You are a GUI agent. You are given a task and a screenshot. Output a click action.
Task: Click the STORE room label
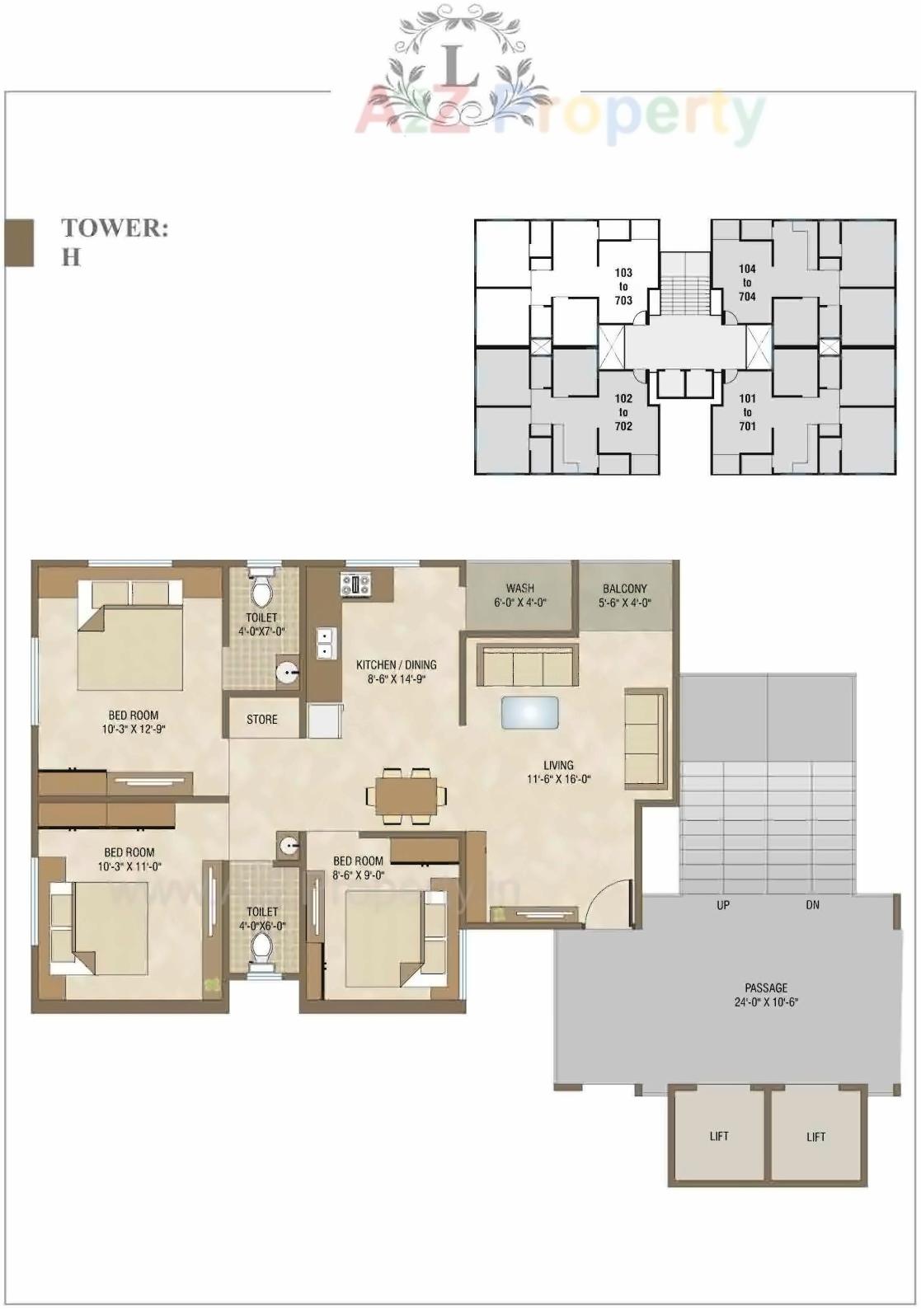tap(262, 720)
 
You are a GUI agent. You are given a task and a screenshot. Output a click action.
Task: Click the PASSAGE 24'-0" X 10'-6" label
tap(766, 995)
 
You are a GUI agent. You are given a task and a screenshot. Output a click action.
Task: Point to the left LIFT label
tap(719, 1136)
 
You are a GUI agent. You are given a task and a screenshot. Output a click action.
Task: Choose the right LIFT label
tap(815, 1137)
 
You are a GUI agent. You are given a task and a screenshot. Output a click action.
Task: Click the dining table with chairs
tap(407, 795)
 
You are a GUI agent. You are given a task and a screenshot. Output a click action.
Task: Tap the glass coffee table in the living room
tap(529, 712)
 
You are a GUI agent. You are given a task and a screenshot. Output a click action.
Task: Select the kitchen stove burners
tap(357, 584)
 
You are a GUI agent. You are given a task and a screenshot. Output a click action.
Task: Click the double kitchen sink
tap(325, 643)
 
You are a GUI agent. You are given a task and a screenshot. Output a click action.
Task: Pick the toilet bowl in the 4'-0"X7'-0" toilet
tap(262, 589)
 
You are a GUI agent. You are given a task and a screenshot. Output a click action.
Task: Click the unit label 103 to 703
tap(623, 286)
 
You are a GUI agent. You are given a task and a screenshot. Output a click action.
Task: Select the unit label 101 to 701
tap(747, 412)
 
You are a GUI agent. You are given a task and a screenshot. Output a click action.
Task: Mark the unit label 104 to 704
tap(747, 283)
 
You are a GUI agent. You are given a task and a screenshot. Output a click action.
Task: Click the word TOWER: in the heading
tap(115, 228)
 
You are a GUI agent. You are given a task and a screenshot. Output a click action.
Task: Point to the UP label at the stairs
tap(723, 905)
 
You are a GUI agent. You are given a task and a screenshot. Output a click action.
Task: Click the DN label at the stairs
tap(813, 905)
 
